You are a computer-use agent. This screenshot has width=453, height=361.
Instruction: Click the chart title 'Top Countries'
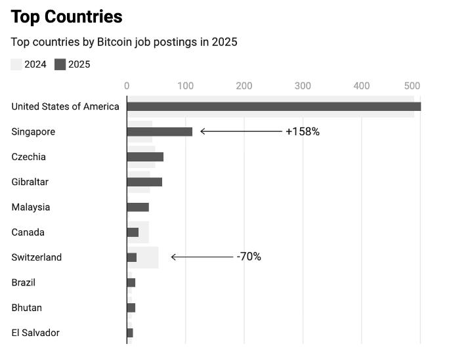coord(66,16)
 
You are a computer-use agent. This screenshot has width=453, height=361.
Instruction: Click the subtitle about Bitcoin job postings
coord(123,42)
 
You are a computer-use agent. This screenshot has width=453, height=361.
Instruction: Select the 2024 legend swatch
coord(16,64)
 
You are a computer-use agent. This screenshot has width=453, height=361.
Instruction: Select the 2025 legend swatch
coord(60,64)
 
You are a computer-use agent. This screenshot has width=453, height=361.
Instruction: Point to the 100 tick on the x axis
coord(185,85)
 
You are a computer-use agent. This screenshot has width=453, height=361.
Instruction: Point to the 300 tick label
coord(303,85)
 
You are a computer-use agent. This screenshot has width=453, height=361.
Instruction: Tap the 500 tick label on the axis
coord(412,85)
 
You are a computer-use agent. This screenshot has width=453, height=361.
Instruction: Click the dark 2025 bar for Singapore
coord(160,132)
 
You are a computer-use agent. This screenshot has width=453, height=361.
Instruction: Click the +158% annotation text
coord(302,132)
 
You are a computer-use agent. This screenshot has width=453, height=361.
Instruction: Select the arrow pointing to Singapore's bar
coord(240,132)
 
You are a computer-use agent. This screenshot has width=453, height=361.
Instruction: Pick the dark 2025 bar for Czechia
coord(145,157)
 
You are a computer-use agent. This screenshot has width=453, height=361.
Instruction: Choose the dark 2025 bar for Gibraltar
coord(144,182)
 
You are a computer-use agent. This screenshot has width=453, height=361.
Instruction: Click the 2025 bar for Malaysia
coord(138,207)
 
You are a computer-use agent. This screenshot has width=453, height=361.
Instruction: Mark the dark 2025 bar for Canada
coord(133,232)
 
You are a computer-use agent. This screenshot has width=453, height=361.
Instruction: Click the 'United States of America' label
coord(65,106)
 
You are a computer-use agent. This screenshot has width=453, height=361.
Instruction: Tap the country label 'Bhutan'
coord(27,308)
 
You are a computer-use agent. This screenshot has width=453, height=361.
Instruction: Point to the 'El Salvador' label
coord(35,333)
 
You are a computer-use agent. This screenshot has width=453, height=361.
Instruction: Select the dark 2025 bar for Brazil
coord(131,283)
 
